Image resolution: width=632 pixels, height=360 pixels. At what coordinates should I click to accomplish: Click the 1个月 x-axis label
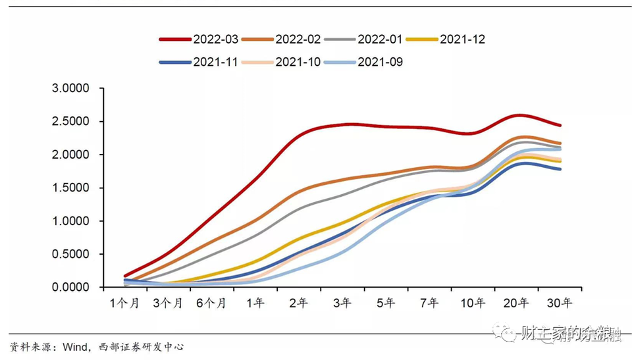[x=124, y=303]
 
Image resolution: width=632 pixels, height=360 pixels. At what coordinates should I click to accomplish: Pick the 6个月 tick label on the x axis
[x=211, y=303]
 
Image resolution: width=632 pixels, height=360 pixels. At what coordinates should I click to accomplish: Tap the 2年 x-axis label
[x=298, y=303]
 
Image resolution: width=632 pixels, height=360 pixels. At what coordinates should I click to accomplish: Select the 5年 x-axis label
[x=385, y=303]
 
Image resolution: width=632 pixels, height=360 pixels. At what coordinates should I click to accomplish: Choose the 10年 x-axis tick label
[x=472, y=303]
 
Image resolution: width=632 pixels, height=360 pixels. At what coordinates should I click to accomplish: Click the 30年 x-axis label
[x=559, y=303]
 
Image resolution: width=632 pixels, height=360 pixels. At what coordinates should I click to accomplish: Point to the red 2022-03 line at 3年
[x=342, y=124]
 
